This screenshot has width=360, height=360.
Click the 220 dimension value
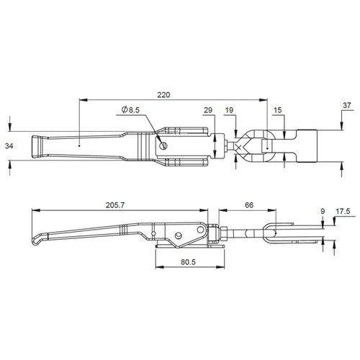tap(163, 95)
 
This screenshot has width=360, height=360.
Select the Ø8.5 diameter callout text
tap(130, 110)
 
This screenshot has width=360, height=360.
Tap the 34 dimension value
tap(9, 145)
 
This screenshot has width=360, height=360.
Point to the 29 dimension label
tap(208, 110)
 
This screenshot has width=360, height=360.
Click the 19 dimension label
tap(229, 110)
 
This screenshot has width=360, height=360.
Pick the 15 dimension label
tap(277, 110)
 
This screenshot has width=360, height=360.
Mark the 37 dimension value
tap(347, 105)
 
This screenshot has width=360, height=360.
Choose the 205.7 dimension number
tap(115, 205)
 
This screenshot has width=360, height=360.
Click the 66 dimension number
tap(249, 205)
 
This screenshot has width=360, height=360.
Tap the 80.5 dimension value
tap(189, 262)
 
